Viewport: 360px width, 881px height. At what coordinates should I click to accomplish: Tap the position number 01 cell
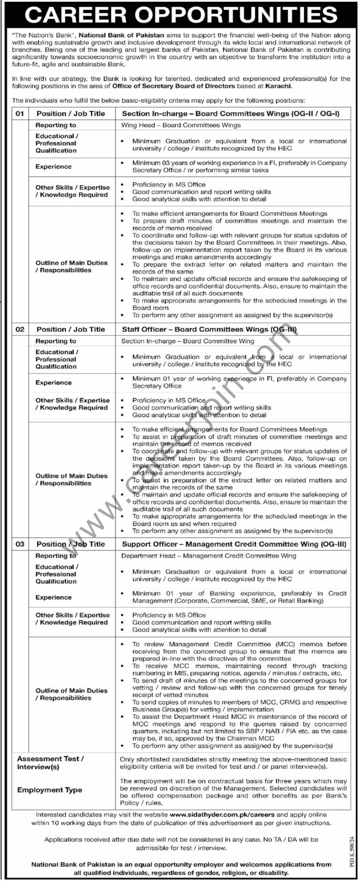point(20,113)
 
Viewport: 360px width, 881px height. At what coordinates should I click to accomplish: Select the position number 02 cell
point(20,330)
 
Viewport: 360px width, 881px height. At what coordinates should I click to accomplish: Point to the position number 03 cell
point(20,544)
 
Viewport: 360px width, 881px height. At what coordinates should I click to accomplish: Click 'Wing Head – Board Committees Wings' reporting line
point(181,125)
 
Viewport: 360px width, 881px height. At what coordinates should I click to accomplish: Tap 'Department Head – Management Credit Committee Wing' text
point(209,556)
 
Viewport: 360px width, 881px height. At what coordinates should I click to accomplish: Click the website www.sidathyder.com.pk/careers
point(222,815)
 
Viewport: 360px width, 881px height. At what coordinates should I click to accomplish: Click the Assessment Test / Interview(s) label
point(51,762)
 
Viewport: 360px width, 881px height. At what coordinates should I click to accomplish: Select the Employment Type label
point(50,790)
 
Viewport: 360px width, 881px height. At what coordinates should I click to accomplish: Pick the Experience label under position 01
point(53,167)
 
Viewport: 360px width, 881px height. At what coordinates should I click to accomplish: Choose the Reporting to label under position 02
point(56,341)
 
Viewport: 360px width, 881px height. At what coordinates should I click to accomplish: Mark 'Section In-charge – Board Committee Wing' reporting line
point(187,341)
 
